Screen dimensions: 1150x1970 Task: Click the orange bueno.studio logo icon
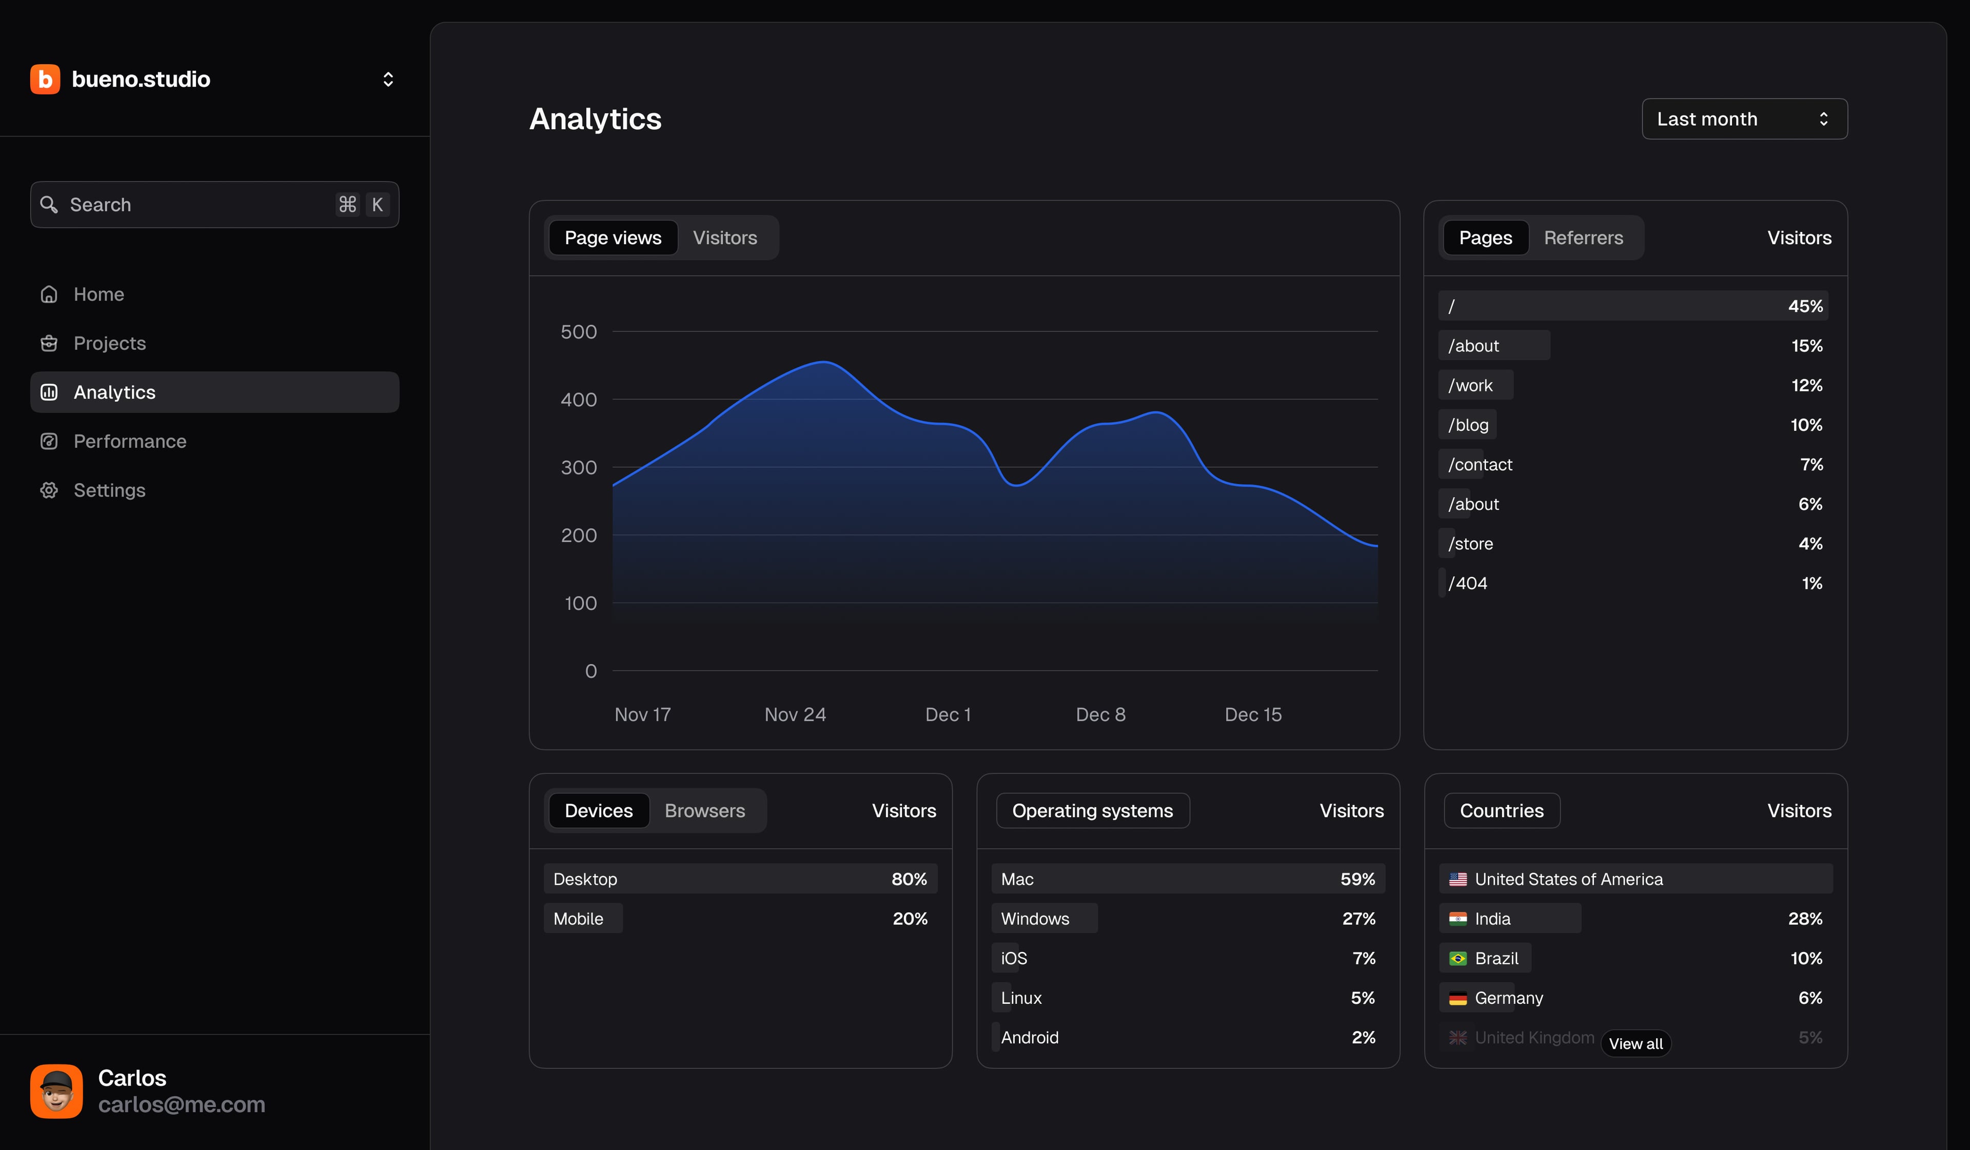(x=45, y=79)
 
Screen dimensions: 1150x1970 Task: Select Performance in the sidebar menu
(x=130, y=441)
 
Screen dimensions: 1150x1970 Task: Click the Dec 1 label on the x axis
(x=948, y=715)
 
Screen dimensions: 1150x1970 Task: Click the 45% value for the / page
(x=1804, y=306)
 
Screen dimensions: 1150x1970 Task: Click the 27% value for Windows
(x=1358, y=919)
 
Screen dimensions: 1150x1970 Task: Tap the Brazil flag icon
(x=1457, y=959)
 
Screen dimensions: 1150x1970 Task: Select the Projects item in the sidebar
(x=109, y=343)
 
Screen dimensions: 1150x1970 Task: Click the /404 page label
(x=1467, y=583)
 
